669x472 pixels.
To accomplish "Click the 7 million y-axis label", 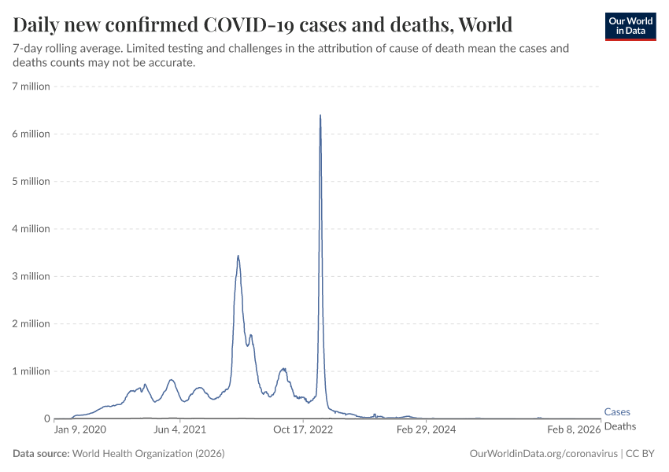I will (31, 86).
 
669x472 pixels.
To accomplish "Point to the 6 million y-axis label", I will (31, 134).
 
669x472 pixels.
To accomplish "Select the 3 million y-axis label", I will (31, 276).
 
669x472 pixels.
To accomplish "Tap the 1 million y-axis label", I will (31, 371).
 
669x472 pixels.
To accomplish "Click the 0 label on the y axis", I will (46, 419).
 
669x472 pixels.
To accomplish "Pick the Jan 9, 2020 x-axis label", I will (79, 430).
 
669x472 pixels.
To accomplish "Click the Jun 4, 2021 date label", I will (180, 430).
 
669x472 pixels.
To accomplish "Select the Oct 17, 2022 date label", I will (304, 430).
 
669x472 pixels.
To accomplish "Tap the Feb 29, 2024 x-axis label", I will (426, 430).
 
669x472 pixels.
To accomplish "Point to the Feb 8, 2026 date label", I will (574, 430).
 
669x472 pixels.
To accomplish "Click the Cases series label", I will (617, 411).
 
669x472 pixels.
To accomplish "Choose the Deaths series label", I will (619, 426).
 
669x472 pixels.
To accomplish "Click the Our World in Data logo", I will (630, 25).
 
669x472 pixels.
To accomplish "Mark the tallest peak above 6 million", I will (320, 116).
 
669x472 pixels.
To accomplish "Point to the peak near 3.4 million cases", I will (238, 256).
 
